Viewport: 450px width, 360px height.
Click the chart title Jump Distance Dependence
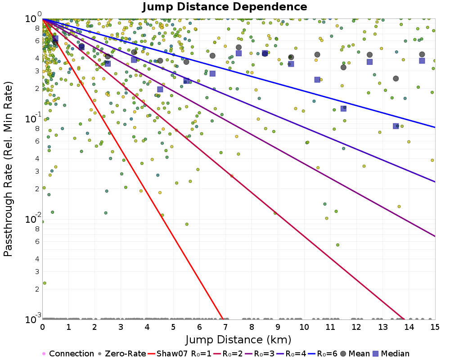click(x=225, y=7)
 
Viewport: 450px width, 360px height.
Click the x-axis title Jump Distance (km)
click(x=238, y=339)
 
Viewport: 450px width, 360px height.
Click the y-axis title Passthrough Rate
click(x=8, y=169)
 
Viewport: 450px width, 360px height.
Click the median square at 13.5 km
click(x=396, y=126)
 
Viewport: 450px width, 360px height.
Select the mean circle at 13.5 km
click(x=396, y=79)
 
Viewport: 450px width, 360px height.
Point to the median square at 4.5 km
click(x=160, y=90)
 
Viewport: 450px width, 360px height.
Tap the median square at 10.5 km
click(x=317, y=80)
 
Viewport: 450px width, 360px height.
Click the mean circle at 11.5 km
click(x=343, y=67)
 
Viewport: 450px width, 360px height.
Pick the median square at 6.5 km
click(x=212, y=73)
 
